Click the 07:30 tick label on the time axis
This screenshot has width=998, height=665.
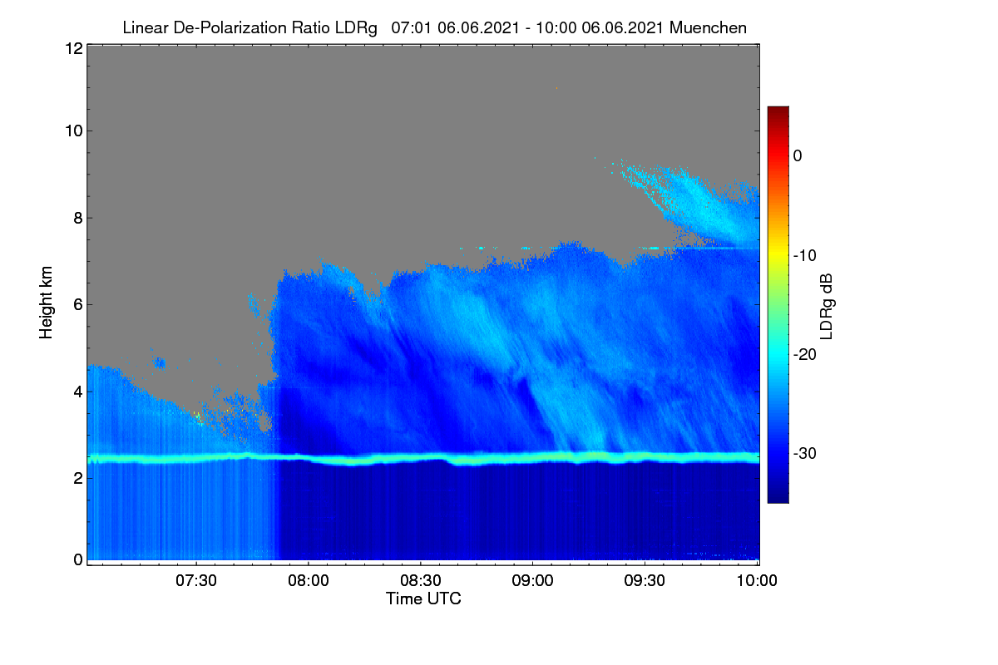coord(196,580)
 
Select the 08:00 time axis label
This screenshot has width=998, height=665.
coord(309,580)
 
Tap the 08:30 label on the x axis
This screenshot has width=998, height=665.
coord(421,580)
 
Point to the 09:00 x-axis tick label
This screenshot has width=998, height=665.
coord(532,580)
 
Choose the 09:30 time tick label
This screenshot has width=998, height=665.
coord(645,580)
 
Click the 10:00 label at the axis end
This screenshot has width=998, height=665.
coord(757,580)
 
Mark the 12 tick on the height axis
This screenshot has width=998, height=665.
coord(74,48)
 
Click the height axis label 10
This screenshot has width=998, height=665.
coord(74,131)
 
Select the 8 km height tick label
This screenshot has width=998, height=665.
coord(78,218)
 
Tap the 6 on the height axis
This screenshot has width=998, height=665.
coord(78,305)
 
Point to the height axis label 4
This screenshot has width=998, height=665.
coord(78,392)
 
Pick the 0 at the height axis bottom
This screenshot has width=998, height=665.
coord(78,559)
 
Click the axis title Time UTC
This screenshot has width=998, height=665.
coord(423,598)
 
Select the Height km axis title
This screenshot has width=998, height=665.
coord(46,303)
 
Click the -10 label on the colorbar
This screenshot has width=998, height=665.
coord(805,256)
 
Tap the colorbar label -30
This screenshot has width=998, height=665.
coord(805,453)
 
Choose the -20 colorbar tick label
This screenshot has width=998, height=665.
coord(805,355)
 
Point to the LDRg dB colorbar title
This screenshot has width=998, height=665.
coord(827,307)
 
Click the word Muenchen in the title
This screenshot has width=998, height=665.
coord(708,27)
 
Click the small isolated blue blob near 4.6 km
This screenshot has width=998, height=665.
coord(159,363)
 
